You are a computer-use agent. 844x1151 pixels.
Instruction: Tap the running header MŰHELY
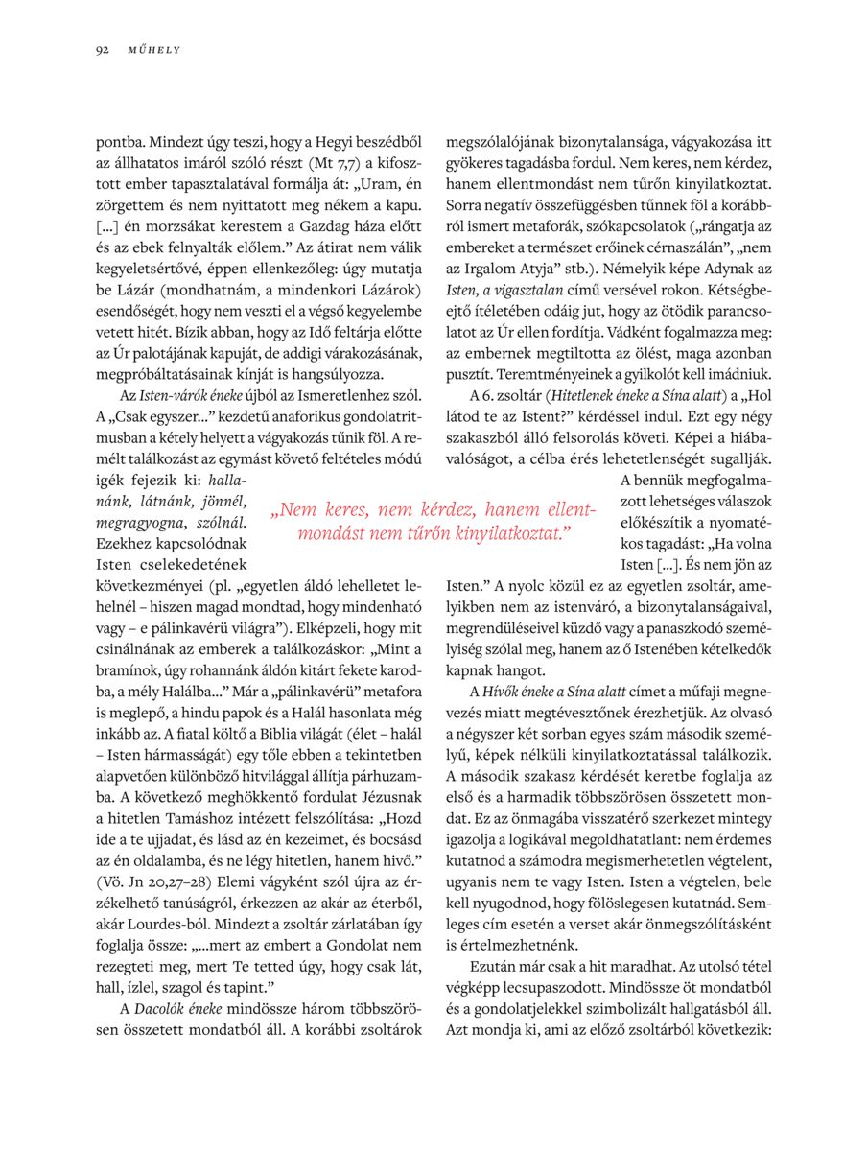[154, 49]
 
